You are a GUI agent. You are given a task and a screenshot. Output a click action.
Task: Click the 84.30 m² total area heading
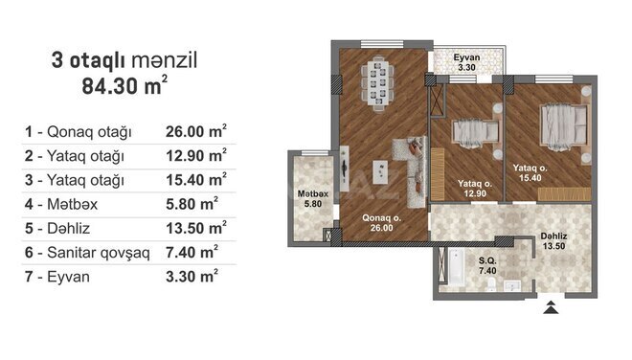pyautogui.click(x=124, y=85)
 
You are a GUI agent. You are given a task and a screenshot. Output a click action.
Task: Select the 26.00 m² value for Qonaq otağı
pyautogui.click(x=196, y=131)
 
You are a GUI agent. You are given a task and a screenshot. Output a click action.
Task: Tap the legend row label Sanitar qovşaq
pyautogui.click(x=99, y=253)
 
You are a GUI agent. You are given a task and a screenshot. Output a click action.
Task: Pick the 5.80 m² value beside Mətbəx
pyautogui.click(x=192, y=204)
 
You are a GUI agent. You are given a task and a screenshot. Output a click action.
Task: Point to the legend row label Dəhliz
pyautogui.click(x=69, y=228)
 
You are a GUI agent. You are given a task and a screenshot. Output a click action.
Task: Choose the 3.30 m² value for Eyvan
pyautogui.click(x=192, y=277)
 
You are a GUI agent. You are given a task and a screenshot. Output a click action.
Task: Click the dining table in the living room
pyautogui.click(x=377, y=83)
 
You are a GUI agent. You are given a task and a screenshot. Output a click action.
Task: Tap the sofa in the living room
pyautogui.click(x=412, y=171)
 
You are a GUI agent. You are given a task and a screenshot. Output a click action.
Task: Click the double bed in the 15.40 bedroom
pyautogui.click(x=563, y=124)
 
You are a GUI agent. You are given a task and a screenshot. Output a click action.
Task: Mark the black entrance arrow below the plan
pyautogui.click(x=551, y=307)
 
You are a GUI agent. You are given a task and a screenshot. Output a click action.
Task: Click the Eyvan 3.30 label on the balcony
pyautogui.click(x=466, y=62)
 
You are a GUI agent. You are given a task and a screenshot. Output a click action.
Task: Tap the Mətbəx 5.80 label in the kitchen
pyautogui.click(x=313, y=199)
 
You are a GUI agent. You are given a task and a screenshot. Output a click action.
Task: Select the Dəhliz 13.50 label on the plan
pyautogui.click(x=553, y=241)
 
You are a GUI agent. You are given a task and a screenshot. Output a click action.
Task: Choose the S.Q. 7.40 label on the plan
pyautogui.click(x=487, y=265)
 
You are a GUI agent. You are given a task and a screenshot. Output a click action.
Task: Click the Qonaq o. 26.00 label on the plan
pyautogui.click(x=381, y=223)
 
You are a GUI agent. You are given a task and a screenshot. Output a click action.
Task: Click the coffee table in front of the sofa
pyautogui.click(x=380, y=171)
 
